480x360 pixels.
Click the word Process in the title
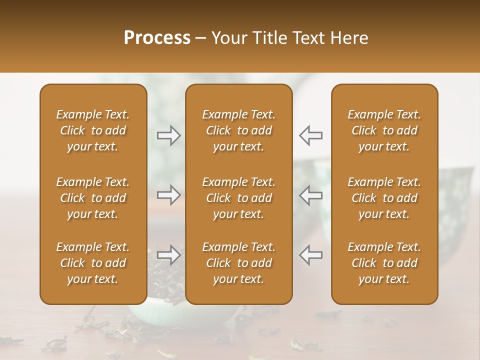point(157,38)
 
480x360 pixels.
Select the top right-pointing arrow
point(169,135)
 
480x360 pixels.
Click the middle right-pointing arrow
point(169,195)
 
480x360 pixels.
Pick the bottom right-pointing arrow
point(169,255)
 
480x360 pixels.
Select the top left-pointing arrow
point(311,135)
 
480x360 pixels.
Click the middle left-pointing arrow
point(311,195)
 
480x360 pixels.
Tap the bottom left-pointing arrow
point(311,255)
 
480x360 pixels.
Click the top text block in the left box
point(93,130)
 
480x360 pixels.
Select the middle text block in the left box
point(93,198)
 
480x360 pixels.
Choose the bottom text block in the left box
point(93,263)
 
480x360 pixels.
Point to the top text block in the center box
point(239,130)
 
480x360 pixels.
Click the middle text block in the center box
point(239,198)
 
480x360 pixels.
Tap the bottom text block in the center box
point(239,263)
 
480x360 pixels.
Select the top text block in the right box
point(384,130)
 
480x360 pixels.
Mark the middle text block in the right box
point(384,198)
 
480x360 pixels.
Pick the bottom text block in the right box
point(384,263)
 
